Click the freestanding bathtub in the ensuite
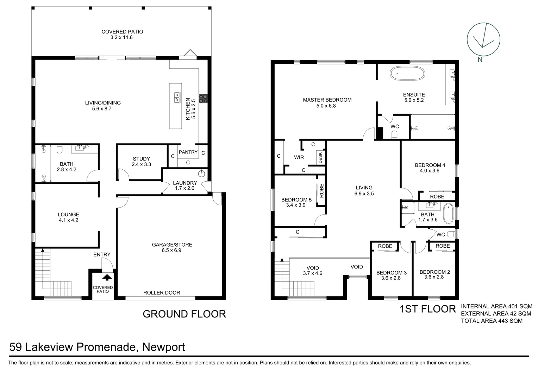407,74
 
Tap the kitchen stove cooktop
203,98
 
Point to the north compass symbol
483,40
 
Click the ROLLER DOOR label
162,292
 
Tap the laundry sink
202,174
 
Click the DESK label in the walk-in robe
320,157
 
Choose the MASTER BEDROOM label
327,100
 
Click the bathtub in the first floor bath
448,213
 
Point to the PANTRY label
188,152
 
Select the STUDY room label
141,159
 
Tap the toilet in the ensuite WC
394,134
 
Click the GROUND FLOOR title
184,314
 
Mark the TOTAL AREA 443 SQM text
492,321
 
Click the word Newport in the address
163,347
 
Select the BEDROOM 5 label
296,200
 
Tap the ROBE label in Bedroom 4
437,196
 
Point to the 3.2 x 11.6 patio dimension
121,37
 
